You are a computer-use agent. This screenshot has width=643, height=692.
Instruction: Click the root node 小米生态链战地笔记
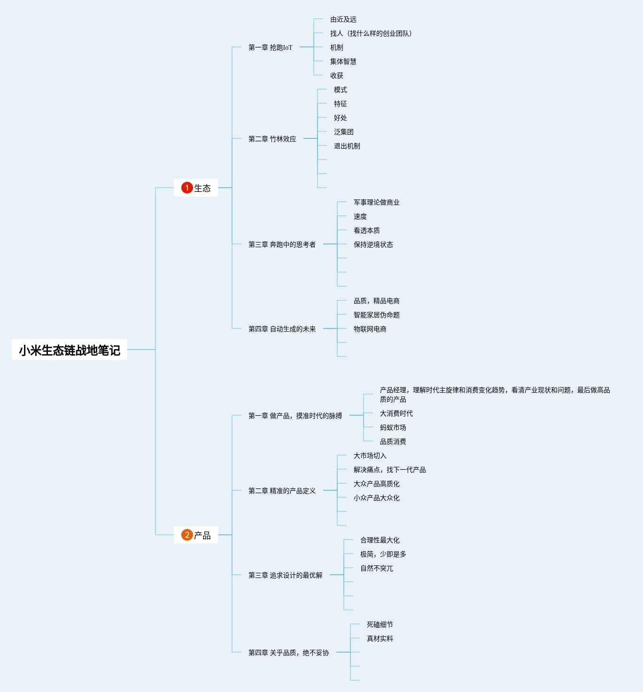(70, 350)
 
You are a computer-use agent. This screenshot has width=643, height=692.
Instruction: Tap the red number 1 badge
(187, 188)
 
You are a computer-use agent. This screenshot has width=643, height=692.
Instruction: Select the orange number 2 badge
(187, 535)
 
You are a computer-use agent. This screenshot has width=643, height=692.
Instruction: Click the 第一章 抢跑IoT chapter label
(270, 47)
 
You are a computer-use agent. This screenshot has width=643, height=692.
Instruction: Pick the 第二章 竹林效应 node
(272, 139)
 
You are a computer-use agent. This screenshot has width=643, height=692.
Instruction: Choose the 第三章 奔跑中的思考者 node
(282, 244)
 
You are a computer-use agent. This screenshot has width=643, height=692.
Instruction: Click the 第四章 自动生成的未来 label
(282, 329)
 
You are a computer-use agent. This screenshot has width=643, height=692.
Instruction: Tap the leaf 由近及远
(343, 19)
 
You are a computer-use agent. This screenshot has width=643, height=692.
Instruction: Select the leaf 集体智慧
(343, 61)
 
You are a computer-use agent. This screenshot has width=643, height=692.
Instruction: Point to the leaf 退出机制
(347, 146)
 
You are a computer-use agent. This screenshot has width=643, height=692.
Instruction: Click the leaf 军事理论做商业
(376, 202)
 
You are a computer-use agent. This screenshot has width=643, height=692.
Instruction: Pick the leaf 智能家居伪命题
(376, 315)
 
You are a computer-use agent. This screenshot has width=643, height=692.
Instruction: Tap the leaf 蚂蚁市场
(393, 427)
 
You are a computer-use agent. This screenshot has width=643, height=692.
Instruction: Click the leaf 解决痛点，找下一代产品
(389, 470)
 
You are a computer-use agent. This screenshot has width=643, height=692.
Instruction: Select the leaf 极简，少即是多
(383, 554)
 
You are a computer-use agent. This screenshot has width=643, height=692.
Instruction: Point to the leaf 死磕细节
(380, 624)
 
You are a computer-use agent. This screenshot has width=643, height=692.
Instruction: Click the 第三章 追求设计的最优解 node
(285, 575)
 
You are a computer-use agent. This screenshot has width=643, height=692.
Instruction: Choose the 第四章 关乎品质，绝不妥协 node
(288, 653)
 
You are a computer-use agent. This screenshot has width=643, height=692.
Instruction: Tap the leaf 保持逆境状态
(373, 244)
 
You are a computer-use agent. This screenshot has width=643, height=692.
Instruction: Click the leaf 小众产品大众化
(376, 498)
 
